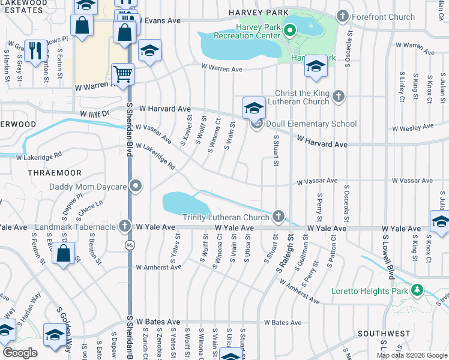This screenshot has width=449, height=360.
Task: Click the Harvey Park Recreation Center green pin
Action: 289,29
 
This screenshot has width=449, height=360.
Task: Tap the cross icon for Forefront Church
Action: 343,16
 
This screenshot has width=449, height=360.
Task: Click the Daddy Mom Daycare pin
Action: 136,187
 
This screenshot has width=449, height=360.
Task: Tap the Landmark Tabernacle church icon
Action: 124,227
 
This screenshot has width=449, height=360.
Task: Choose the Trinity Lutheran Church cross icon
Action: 277,216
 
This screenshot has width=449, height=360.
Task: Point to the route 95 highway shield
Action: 129,245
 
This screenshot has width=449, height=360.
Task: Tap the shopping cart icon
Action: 122,74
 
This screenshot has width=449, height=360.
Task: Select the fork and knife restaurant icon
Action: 35,50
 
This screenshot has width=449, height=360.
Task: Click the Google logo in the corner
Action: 20,352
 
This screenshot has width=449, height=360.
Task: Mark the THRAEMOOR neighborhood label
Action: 50,172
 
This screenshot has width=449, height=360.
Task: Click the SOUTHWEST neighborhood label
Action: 384,334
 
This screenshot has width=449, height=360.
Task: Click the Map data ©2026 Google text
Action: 412,355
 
